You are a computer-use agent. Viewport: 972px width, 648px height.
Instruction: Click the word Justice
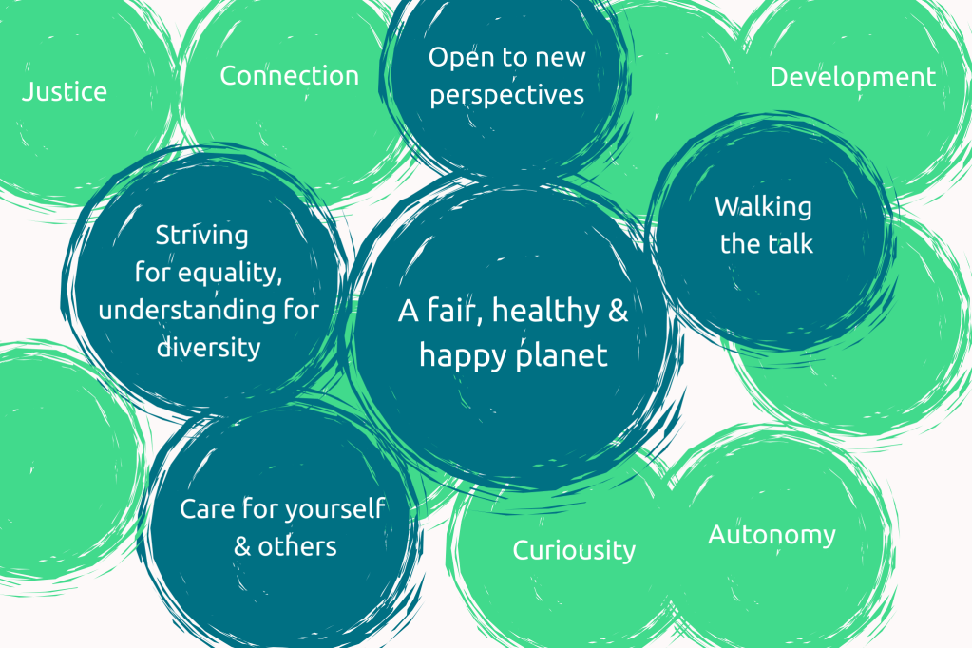(65, 92)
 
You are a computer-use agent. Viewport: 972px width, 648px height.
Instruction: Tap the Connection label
(290, 76)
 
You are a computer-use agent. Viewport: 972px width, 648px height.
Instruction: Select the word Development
(852, 78)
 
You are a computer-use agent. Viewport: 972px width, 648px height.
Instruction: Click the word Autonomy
(772, 536)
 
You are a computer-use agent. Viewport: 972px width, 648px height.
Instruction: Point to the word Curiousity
(574, 551)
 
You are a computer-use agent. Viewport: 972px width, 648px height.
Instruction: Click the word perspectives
(507, 96)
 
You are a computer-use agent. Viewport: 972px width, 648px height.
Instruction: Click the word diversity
(208, 347)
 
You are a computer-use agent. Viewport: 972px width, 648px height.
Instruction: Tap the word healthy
(545, 312)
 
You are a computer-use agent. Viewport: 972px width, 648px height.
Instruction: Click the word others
(297, 547)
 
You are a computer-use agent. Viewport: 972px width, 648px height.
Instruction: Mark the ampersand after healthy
(618, 311)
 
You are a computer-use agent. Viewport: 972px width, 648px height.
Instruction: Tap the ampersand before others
(242, 547)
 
